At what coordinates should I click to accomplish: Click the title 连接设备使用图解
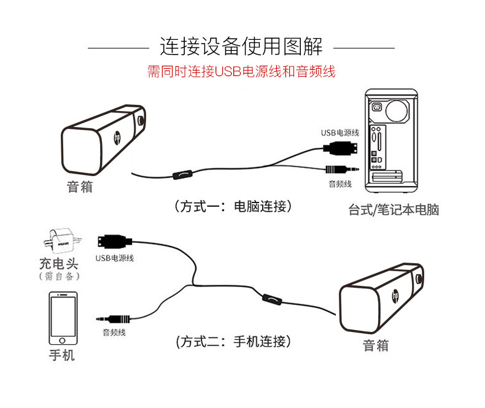(241, 45)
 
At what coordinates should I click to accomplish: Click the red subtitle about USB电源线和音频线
(241, 71)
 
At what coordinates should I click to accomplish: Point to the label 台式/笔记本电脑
(394, 210)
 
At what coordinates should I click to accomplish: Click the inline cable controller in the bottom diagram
(270, 299)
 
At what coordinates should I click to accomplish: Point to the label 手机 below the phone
(62, 355)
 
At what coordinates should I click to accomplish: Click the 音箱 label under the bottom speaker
(375, 345)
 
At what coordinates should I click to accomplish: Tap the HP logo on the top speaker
(117, 139)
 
